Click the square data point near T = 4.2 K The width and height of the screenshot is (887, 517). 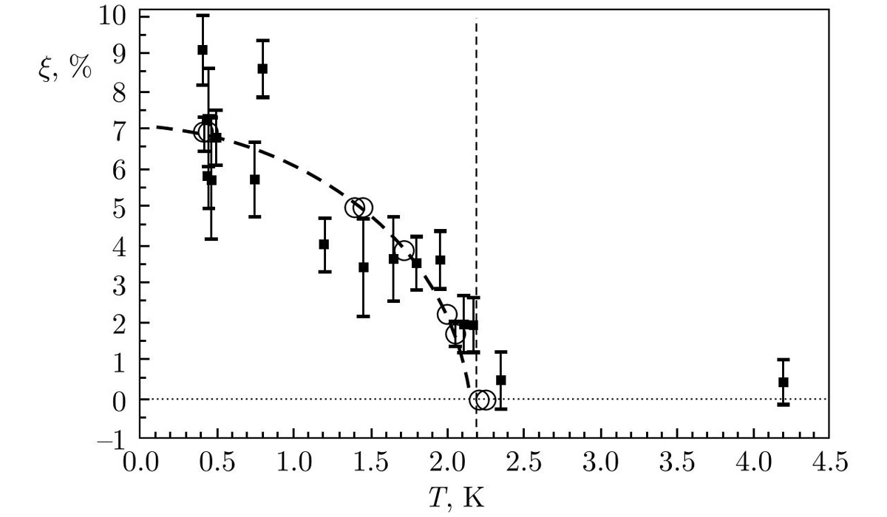784,382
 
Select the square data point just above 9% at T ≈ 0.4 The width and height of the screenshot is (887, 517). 203,50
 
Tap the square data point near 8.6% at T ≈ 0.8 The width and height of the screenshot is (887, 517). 262,69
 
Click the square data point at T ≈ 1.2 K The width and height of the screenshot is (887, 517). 324,244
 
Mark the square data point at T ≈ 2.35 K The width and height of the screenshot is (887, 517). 501,380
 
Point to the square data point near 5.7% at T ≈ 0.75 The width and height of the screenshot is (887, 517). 255,179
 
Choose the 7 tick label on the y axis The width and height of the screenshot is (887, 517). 118,131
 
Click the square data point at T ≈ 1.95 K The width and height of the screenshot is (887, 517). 441,260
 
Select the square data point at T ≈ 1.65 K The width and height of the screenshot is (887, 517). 394,259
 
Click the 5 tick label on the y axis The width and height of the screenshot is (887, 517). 118,208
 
